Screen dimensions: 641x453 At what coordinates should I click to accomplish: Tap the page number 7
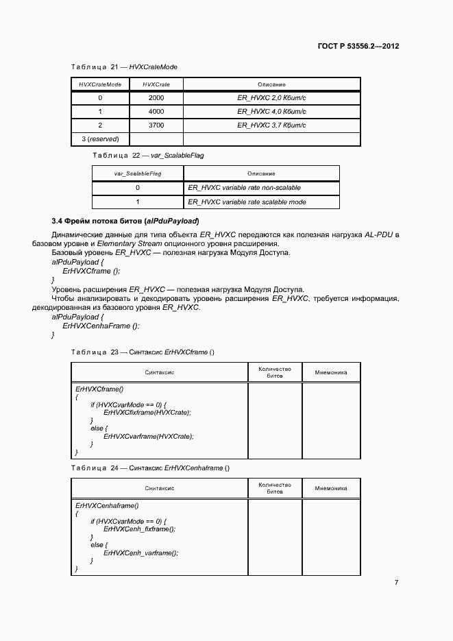tap(396, 582)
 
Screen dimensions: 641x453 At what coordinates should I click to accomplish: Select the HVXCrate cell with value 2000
tap(156, 98)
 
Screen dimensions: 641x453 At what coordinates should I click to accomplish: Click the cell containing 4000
tap(156, 112)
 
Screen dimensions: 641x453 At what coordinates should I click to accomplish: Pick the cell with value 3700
tap(156, 125)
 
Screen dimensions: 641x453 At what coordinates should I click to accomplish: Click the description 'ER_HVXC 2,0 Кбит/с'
tap(271, 98)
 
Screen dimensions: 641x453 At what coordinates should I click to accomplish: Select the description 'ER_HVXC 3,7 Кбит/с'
tap(271, 125)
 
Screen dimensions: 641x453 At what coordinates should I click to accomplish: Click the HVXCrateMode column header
tap(100, 84)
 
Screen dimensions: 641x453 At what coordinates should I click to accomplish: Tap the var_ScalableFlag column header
tap(138, 174)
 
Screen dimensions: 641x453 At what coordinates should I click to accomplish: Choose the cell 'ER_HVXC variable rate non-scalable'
tap(244, 188)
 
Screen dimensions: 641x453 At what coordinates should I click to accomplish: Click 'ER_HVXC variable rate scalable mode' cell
tap(247, 202)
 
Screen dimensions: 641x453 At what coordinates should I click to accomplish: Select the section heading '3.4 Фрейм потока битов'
tap(125, 221)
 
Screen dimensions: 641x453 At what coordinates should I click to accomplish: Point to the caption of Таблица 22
tap(147, 156)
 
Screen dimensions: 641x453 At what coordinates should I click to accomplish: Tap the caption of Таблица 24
tap(150, 468)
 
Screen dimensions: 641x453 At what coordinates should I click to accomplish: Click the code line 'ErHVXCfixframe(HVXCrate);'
tap(147, 412)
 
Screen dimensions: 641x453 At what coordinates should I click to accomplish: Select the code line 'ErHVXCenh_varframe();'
tap(140, 553)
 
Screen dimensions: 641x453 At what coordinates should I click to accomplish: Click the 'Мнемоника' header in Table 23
tap(330, 373)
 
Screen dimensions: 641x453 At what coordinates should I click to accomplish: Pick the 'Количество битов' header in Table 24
tap(274, 488)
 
